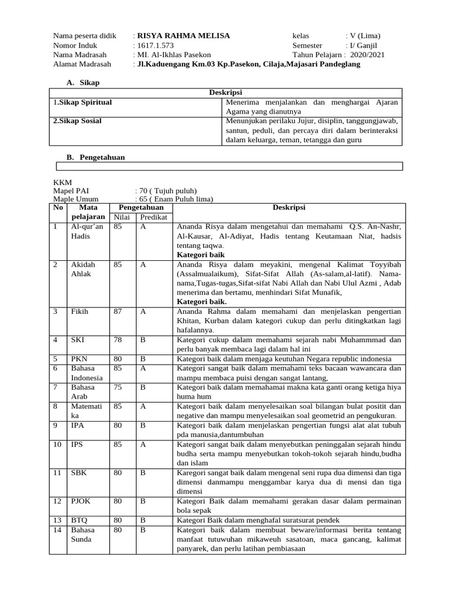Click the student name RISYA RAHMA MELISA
[183, 36]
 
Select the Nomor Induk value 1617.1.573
[156, 45]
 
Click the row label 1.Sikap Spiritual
[82, 102]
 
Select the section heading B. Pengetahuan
[95, 157]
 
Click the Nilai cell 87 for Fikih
[118, 311]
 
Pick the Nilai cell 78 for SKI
[118, 340]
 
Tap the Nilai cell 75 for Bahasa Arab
[118, 387]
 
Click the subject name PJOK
[81, 501]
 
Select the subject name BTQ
[79, 520]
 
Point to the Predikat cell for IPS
[143, 444]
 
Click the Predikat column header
[153, 217]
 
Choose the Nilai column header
[121, 217]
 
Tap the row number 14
[57, 529]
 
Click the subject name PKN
[79, 359]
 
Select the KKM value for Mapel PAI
[167, 191]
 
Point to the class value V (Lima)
[364, 36]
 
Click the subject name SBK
[78, 472]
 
